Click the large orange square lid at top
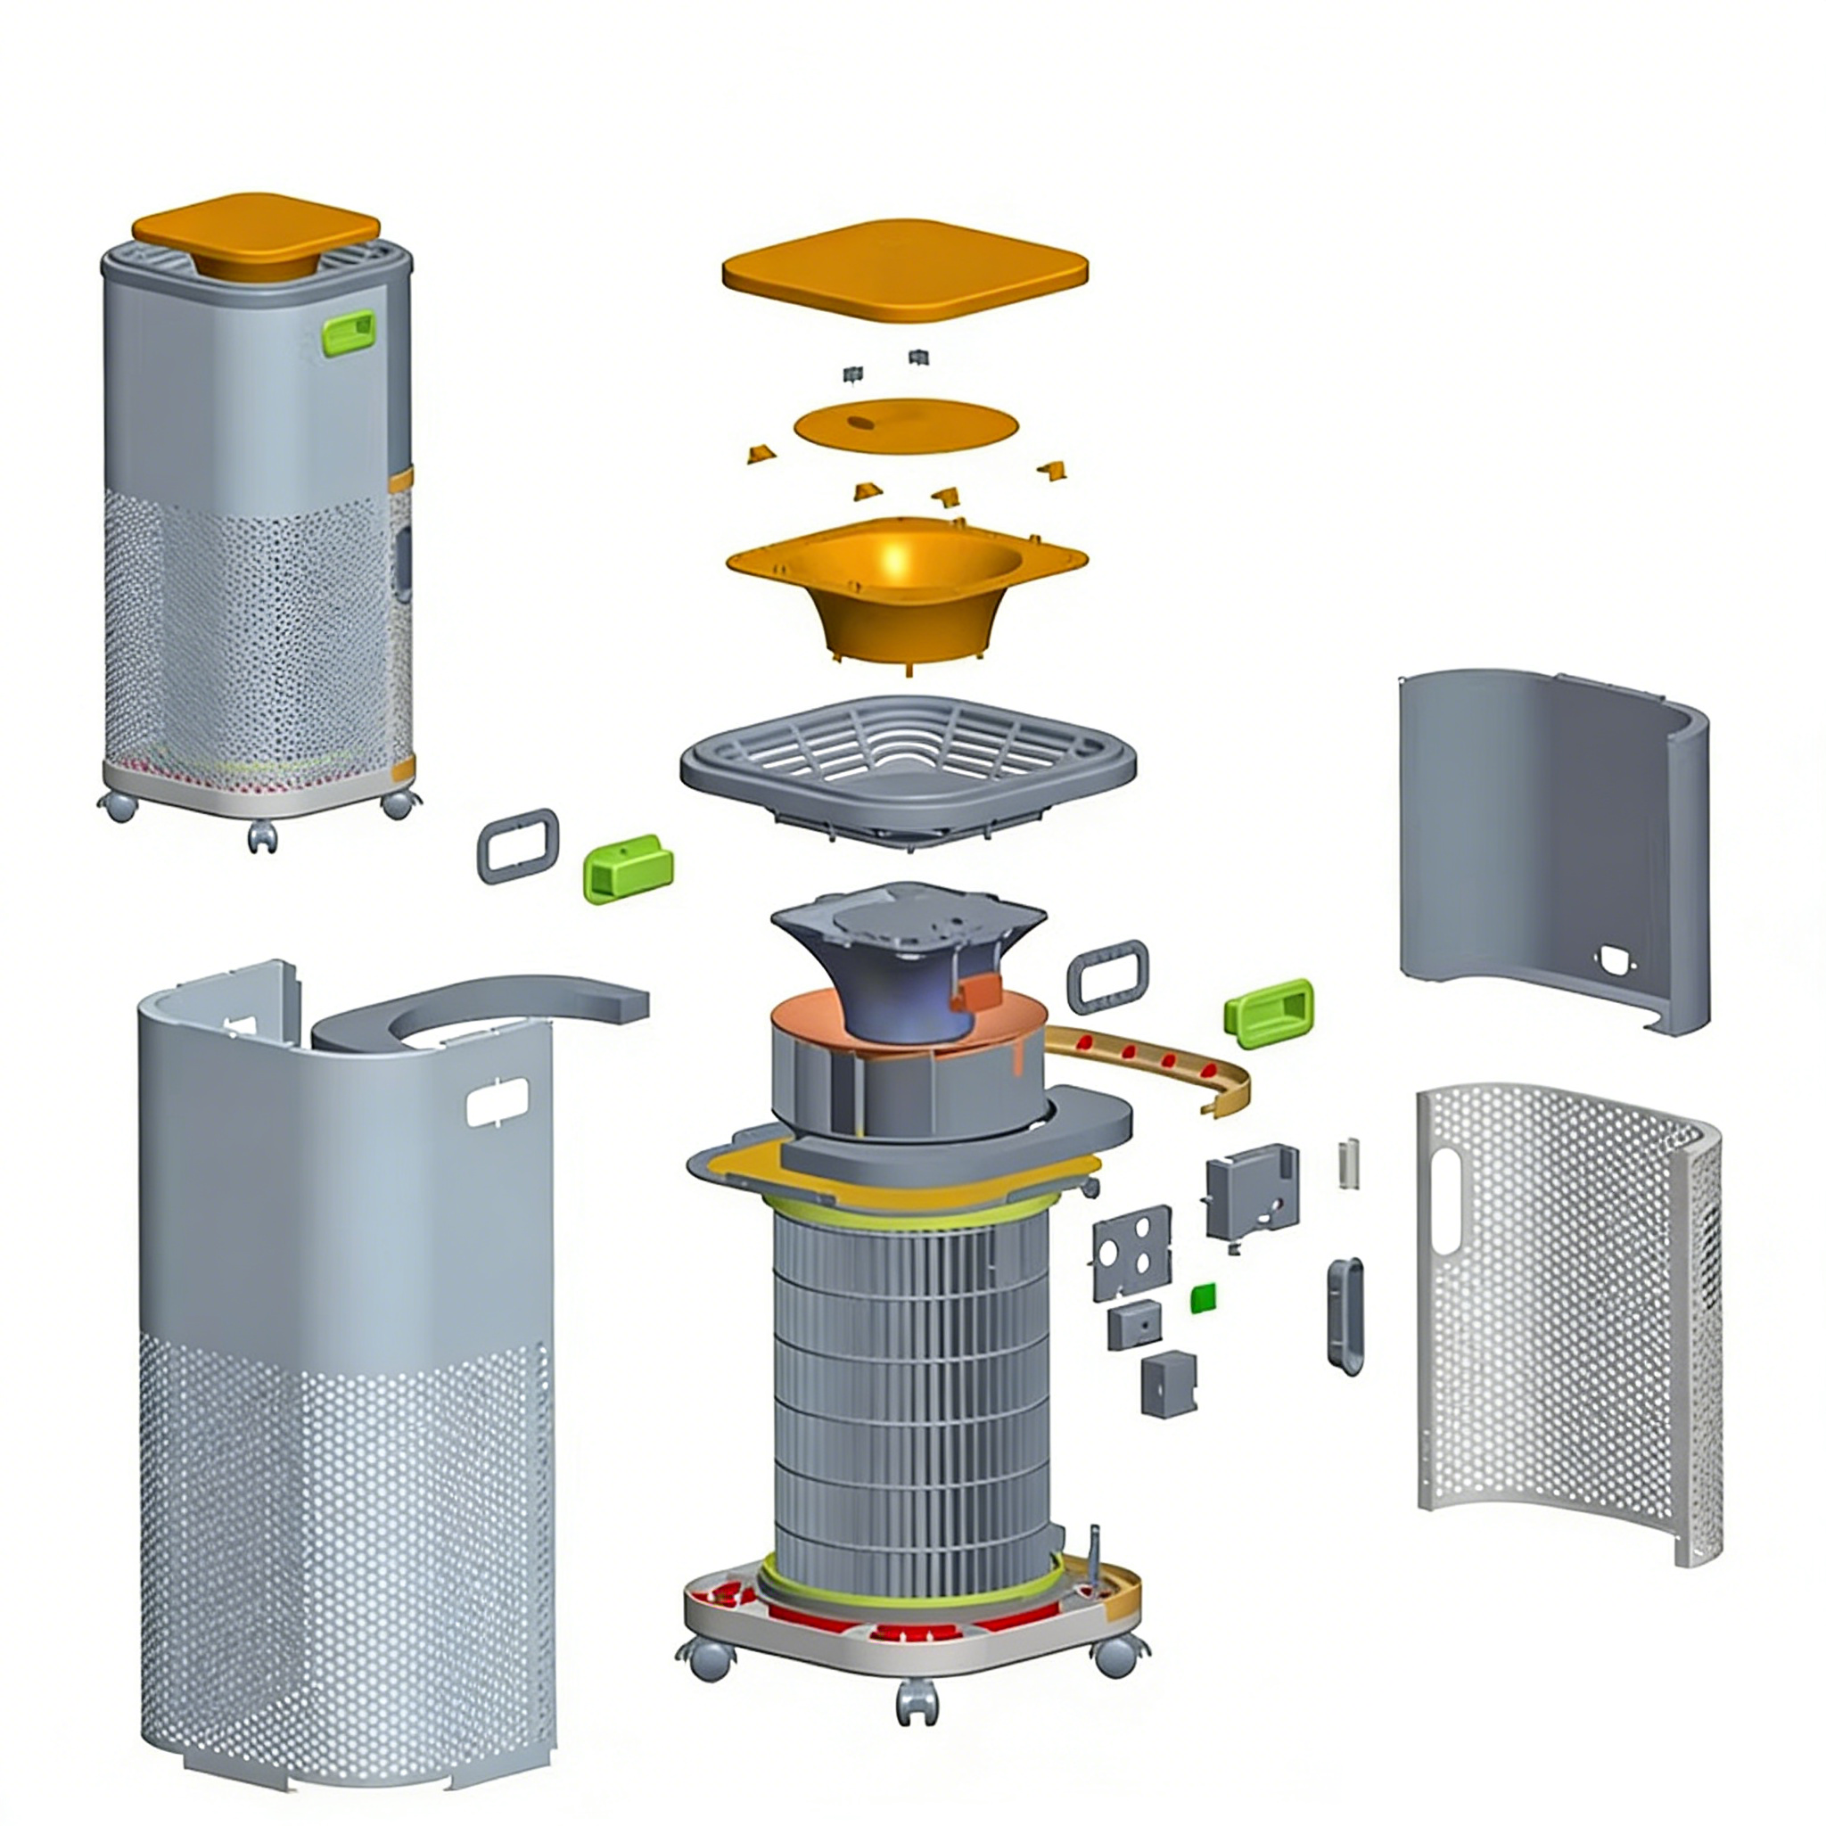(x=904, y=270)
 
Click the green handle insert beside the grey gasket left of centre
(x=629, y=868)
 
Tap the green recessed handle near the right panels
(x=1269, y=1007)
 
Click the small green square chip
(x=1203, y=1298)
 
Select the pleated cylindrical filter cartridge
(x=912, y=1389)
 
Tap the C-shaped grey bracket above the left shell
(x=473, y=1011)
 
